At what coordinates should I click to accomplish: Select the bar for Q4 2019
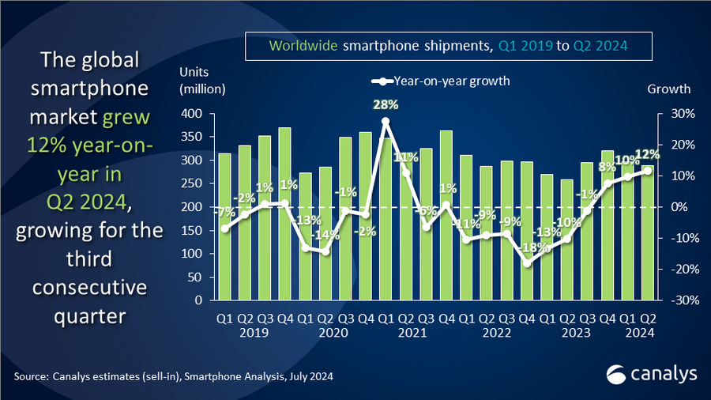tap(284, 213)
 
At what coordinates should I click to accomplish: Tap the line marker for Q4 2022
tap(528, 263)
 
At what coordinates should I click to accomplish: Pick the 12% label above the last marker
tap(645, 155)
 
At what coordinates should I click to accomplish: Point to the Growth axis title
tap(668, 89)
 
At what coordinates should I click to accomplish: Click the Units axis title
tap(193, 72)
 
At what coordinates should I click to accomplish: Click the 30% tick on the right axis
tap(681, 114)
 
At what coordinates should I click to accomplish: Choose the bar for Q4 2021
tap(446, 215)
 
